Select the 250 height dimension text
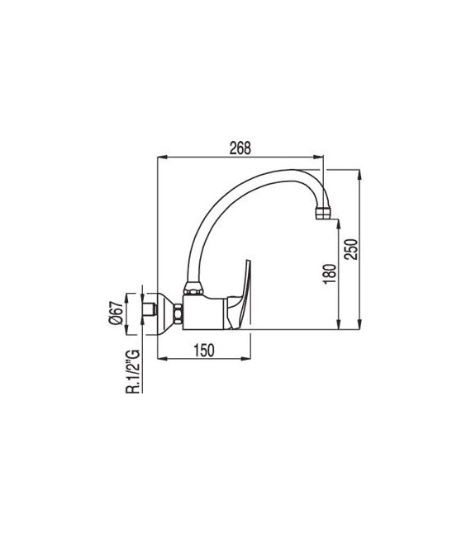pos(353,250)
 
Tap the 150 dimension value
pos(203,350)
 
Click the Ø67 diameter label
pos(117,313)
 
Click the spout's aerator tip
pos(323,214)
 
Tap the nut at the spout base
pos(193,290)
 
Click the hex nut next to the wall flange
pos(178,314)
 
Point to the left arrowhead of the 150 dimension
pos(160,359)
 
